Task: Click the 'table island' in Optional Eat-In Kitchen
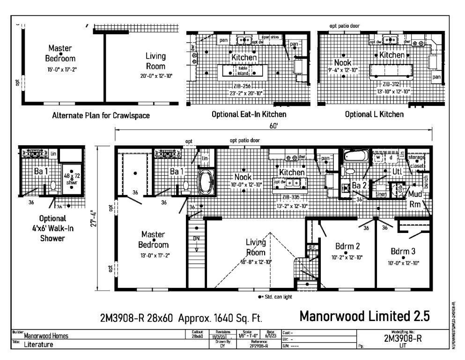point(243,71)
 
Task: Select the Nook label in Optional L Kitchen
point(343,63)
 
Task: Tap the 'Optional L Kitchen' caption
point(374,114)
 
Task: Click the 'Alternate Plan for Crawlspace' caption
point(101,116)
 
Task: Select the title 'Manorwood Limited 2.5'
point(364,316)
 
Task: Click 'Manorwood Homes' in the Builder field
point(46,335)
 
